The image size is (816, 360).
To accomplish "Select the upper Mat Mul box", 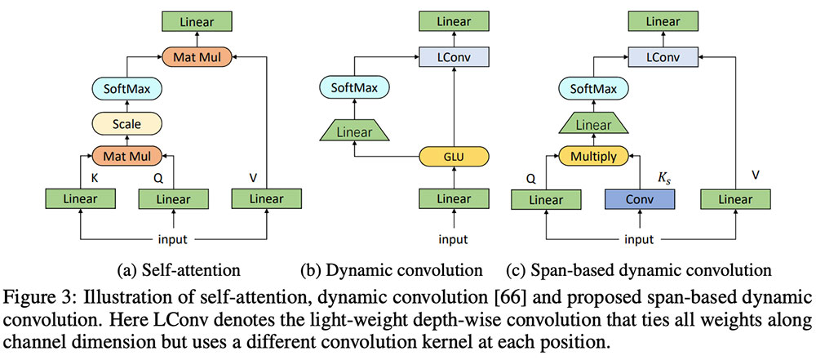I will point(197,56).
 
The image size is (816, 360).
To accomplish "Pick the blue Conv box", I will point(640,198).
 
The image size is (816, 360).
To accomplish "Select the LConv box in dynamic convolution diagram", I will point(453,56).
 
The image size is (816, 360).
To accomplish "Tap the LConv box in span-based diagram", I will point(664,56).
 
